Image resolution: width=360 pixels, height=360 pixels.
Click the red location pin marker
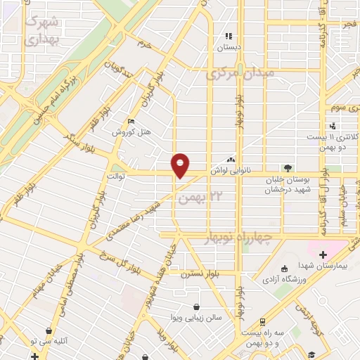click(x=181, y=165)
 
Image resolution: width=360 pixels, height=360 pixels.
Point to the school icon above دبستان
click(x=228, y=36)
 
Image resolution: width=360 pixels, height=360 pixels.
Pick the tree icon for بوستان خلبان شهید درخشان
click(x=287, y=167)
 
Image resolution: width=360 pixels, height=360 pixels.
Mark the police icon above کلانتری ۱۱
click(x=333, y=126)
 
